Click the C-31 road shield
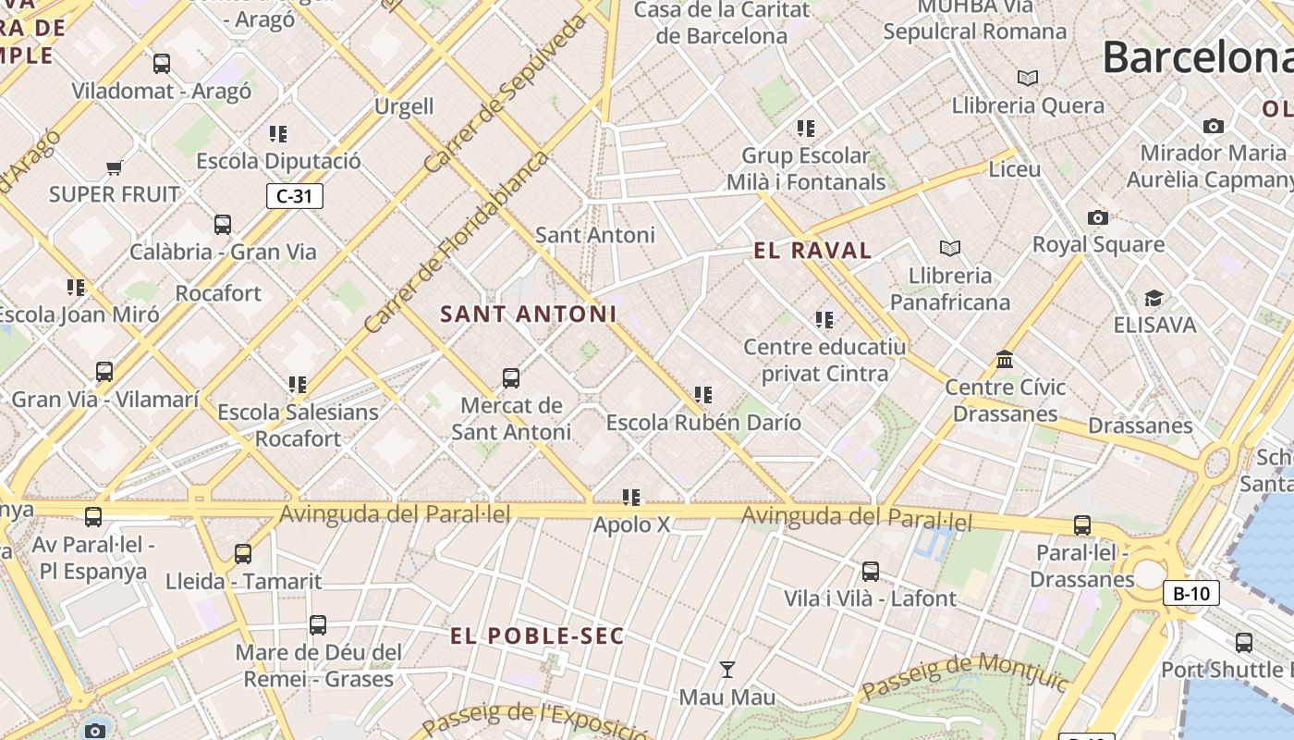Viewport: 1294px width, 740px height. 295,195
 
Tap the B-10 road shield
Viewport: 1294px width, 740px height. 1190,593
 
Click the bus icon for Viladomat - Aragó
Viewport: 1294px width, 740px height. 162,64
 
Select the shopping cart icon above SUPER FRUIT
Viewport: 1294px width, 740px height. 115,167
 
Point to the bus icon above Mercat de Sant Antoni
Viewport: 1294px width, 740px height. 511,377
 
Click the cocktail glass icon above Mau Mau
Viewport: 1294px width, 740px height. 727,669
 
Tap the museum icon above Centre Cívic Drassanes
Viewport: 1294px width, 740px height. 1005,359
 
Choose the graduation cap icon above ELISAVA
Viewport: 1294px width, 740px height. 1154,298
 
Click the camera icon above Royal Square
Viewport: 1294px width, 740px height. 1098,217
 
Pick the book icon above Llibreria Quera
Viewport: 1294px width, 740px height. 1028,78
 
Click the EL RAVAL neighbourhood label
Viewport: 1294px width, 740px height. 812,250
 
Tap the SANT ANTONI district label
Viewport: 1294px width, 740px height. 528,314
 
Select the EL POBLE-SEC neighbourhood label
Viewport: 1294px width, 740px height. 537,635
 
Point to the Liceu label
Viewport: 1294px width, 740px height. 1015,169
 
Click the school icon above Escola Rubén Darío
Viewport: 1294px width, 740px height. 703,395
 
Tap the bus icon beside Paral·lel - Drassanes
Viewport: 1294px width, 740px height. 1082,525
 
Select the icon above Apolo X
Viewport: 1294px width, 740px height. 631,498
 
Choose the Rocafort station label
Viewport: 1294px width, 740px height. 218,293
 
